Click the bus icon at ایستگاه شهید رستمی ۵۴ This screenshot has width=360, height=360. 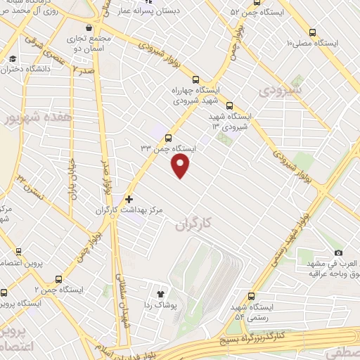[x=251, y=295]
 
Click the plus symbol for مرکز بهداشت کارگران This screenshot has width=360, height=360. [x=129, y=199]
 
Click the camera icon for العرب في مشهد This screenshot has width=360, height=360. [x=338, y=252]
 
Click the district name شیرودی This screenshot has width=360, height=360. [x=280, y=90]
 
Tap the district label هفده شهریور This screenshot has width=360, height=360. [x=28, y=117]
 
